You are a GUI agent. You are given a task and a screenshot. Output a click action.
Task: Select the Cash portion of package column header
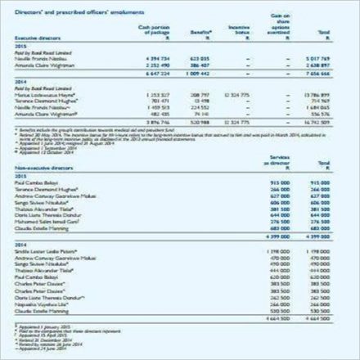tap(151, 30)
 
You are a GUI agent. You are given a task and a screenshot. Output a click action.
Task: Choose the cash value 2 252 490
tap(148, 64)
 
